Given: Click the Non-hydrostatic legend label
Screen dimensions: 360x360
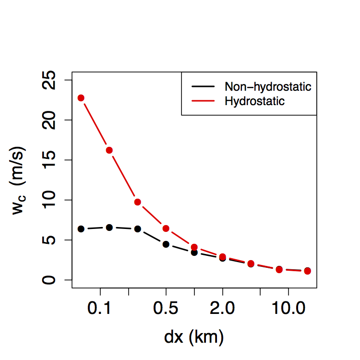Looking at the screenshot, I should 268,87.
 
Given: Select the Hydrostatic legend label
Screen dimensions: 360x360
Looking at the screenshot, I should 254,101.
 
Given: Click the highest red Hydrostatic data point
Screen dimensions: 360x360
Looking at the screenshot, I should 81,98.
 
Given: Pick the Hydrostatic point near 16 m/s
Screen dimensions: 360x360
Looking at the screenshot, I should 109,150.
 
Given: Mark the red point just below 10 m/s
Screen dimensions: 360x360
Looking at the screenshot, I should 138,202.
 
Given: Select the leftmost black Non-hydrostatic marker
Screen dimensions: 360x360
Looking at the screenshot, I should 81,229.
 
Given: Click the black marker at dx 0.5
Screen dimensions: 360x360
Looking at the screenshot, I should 166,244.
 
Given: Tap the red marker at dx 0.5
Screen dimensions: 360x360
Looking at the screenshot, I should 166,228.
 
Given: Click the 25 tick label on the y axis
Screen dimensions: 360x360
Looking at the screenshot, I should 50,80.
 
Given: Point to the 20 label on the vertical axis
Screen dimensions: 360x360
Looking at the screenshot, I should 50,120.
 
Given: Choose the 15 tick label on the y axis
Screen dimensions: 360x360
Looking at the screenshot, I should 50,160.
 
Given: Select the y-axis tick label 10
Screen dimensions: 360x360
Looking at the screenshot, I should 50,200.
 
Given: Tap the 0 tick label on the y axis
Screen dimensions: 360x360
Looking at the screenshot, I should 50,280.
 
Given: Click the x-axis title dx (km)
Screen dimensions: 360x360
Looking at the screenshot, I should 194,337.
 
